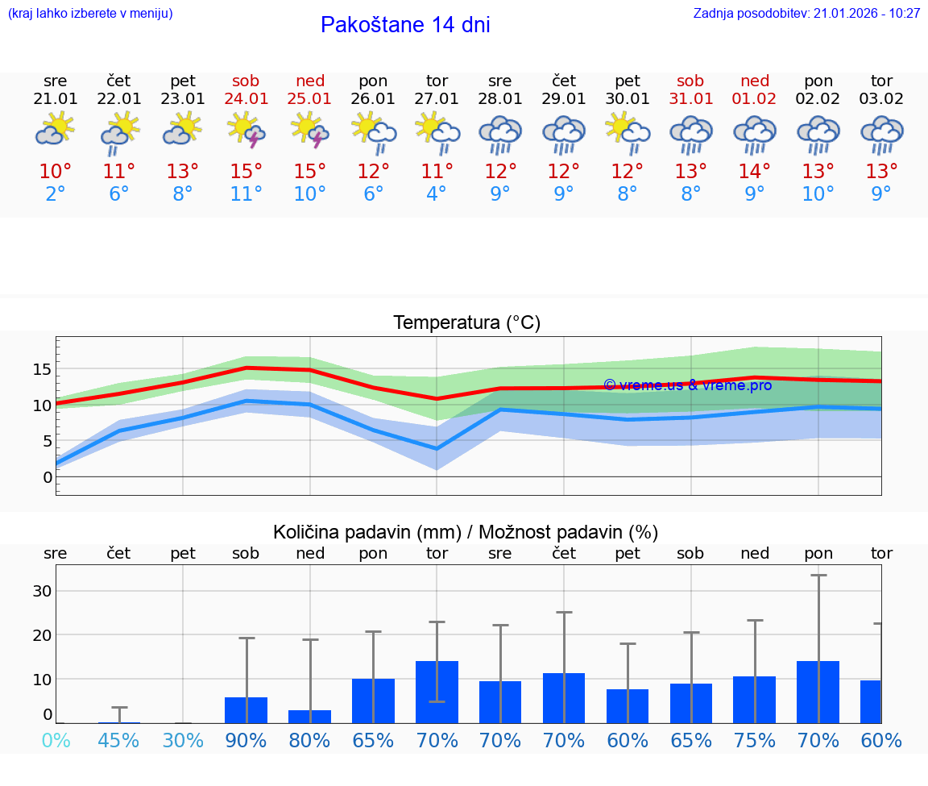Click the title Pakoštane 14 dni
pyautogui.click(x=405, y=25)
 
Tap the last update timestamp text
pyautogui.click(x=806, y=13)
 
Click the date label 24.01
pyautogui.click(x=246, y=98)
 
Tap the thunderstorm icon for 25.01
pyautogui.click(x=310, y=131)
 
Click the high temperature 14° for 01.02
pyautogui.click(x=755, y=171)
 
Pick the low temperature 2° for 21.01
pyautogui.click(x=55, y=194)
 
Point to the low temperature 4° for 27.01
pyautogui.click(x=437, y=194)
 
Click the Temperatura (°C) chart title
pyautogui.click(x=466, y=323)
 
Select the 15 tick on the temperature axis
pyautogui.click(x=42, y=369)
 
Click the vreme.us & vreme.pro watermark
pyautogui.click(x=687, y=385)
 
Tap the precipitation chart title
pyautogui.click(x=466, y=532)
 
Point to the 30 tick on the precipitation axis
pyautogui.click(x=42, y=591)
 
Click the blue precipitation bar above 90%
pyautogui.click(x=246, y=710)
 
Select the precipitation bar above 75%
pyautogui.click(x=755, y=700)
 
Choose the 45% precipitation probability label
pyautogui.click(x=118, y=741)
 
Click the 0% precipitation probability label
pyautogui.click(x=55, y=741)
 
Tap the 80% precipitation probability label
pyautogui.click(x=310, y=741)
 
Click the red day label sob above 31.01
pyautogui.click(x=690, y=81)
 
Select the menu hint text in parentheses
pyautogui.click(x=90, y=13)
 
